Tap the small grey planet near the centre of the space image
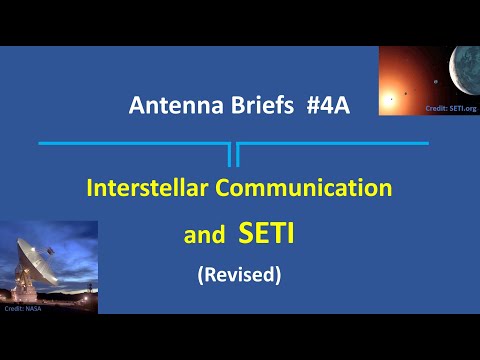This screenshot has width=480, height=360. (x=436, y=81)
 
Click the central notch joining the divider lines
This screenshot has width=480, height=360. (x=233, y=154)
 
